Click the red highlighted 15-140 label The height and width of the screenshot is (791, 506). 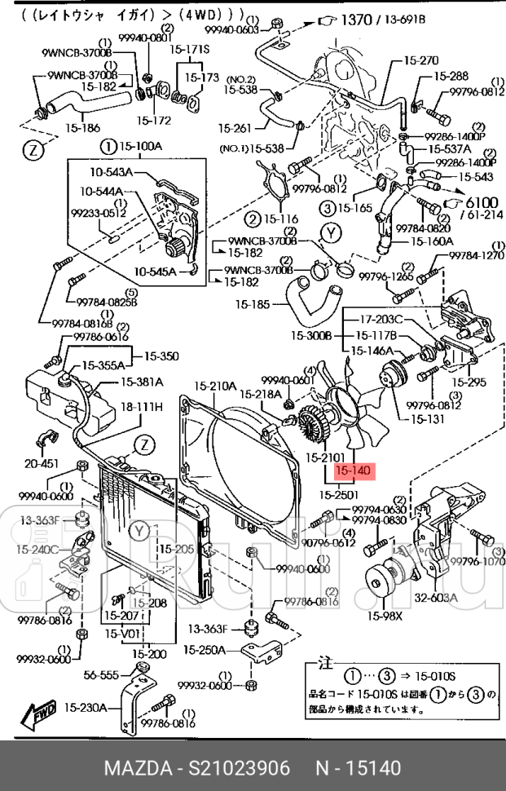[x=353, y=471]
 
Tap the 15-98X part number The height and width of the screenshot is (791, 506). [x=385, y=616]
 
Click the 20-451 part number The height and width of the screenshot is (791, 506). [x=41, y=463]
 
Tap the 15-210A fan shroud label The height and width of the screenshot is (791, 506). [x=215, y=386]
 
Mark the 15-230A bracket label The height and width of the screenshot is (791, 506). [x=86, y=708]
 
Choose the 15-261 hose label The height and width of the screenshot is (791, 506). [x=236, y=127]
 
